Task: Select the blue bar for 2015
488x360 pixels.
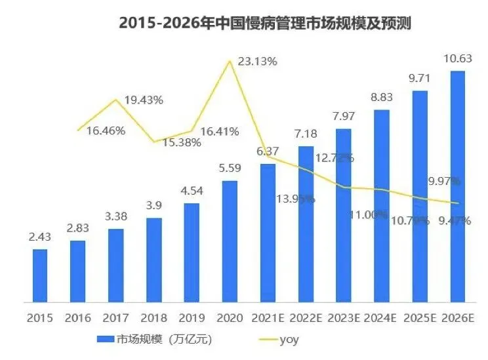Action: (x=40, y=275)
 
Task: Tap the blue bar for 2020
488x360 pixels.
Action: (x=230, y=241)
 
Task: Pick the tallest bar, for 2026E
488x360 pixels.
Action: (x=457, y=186)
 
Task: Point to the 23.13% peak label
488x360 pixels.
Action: (x=258, y=61)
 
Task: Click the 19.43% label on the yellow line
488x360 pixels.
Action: (x=144, y=100)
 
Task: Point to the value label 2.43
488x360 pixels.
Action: (x=40, y=238)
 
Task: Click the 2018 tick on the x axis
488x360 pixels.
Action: (x=153, y=318)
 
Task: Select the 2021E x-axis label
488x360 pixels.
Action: (x=268, y=318)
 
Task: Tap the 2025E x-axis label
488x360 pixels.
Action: (x=419, y=318)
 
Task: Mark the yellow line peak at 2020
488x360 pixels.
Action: (x=230, y=61)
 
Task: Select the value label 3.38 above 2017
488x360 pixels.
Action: (x=115, y=218)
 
